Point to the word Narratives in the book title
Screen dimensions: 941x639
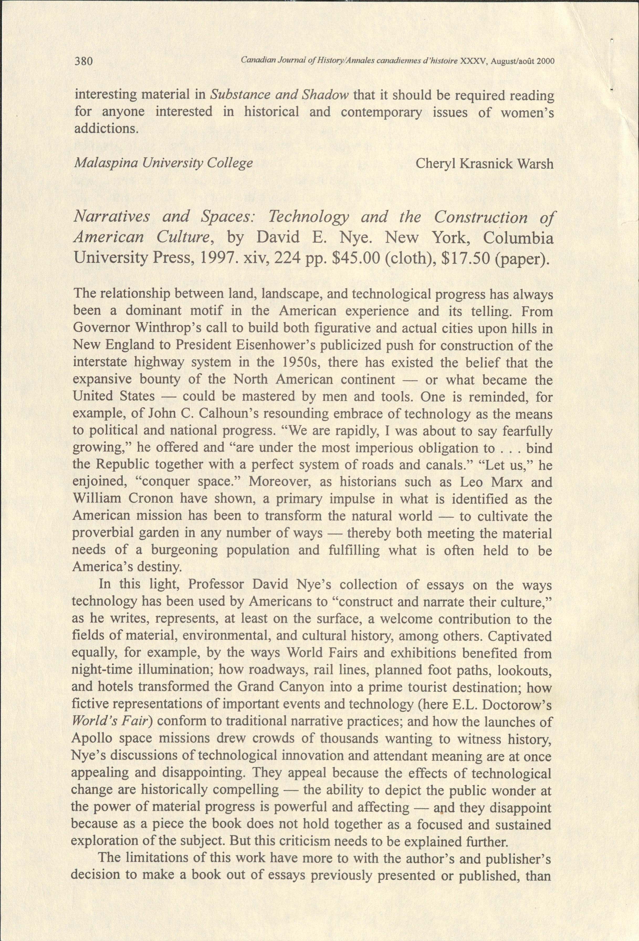[112, 217]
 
